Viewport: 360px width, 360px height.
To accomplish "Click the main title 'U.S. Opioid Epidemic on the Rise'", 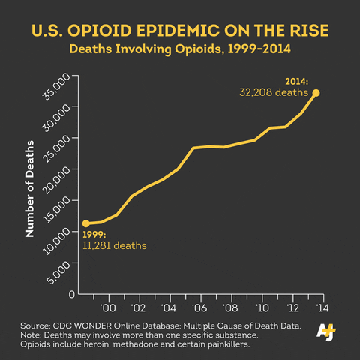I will [x=180, y=32].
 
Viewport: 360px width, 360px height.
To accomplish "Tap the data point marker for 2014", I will [x=316, y=93].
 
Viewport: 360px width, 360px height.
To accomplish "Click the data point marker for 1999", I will [x=85, y=223].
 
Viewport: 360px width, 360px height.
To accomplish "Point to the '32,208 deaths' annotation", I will [x=274, y=93].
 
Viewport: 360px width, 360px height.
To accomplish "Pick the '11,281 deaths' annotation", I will [x=114, y=245].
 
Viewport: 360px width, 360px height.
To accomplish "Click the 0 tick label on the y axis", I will [x=71, y=295].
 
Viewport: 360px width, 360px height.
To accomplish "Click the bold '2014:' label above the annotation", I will [x=297, y=81].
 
